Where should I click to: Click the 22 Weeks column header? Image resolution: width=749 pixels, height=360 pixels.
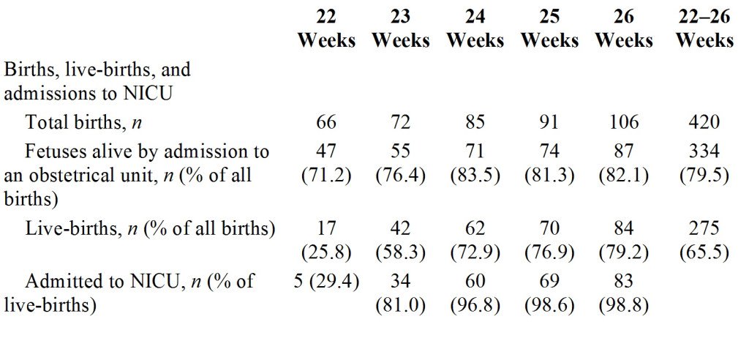pyautogui.click(x=325, y=29)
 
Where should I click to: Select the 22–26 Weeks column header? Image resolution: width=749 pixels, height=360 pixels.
pyautogui.click(x=704, y=29)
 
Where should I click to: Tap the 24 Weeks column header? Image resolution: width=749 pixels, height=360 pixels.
pyautogui.click(x=475, y=29)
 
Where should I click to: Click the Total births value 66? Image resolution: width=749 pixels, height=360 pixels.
pyautogui.click(x=326, y=121)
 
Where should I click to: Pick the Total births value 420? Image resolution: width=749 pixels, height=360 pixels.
pyautogui.click(x=704, y=121)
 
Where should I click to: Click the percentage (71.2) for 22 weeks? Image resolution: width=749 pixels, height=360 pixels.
pyautogui.click(x=326, y=176)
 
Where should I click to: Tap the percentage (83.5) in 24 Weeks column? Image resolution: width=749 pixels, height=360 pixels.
pyautogui.click(x=475, y=176)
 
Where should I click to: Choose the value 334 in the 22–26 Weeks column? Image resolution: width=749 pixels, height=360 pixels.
pyautogui.click(x=704, y=152)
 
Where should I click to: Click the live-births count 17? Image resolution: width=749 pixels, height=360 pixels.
pyautogui.click(x=326, y=228)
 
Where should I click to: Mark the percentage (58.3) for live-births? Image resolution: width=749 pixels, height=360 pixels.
pyautogui.click(x=401, y=252)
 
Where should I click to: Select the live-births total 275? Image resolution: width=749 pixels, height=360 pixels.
pyautogui.click(x=704, y=228)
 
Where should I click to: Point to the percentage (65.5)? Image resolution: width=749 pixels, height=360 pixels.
pyautogui.click(x=704, y=252)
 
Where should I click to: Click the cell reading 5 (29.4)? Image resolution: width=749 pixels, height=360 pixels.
pyautogui.click(x=326, y=280)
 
